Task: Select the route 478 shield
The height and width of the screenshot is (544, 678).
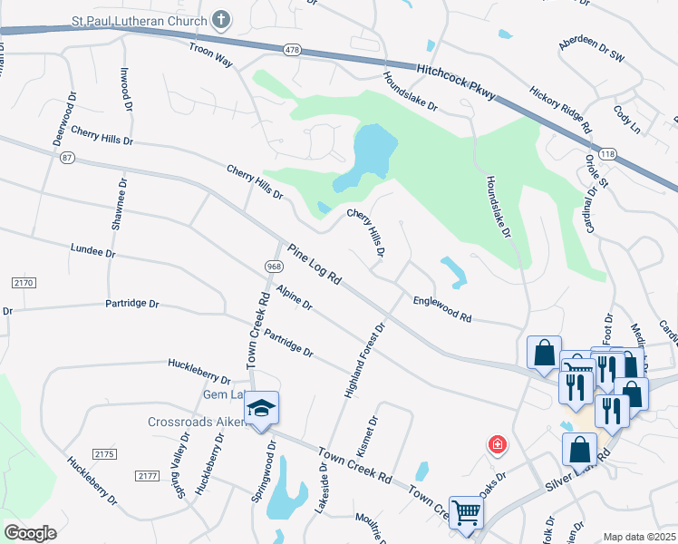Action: (x=290, y=50)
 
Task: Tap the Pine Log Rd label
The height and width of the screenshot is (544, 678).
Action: (x=314, y=265)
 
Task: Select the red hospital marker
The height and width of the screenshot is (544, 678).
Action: (x=497, y=444)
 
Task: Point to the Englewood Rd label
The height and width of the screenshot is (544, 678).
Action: (x=442, y=310)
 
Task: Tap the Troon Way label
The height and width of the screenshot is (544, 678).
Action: (x=210, y=54)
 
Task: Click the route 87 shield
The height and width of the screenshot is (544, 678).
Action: (x=66, y=157)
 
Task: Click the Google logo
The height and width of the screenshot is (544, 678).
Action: (x=31, y=532)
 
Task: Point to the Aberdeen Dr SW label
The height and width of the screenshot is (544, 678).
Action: (x=592, y=50)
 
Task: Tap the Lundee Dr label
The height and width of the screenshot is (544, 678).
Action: (x=93, y=251)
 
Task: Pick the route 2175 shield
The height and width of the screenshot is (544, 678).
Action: (x=106, y=452)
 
